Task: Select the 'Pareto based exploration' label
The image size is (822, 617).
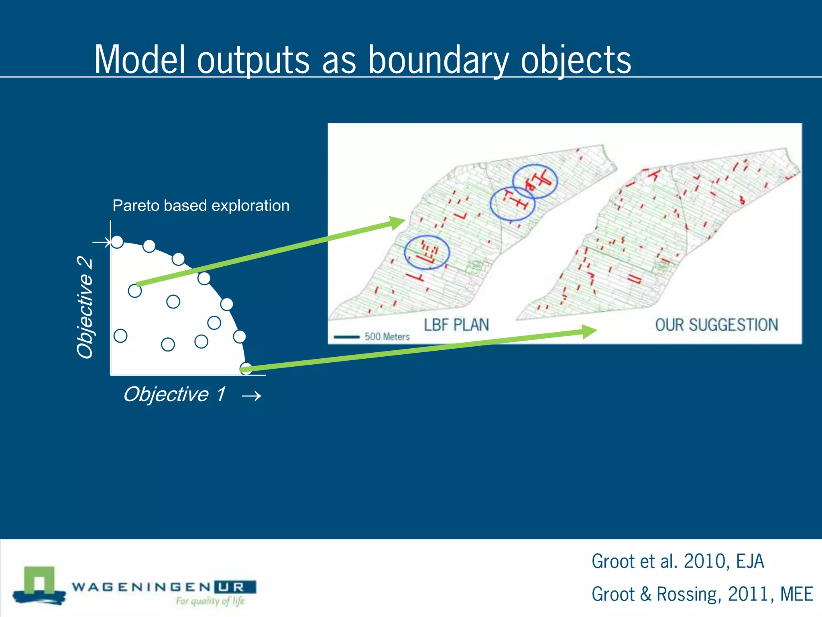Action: tap(201, 206)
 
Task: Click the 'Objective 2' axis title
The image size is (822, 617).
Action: tap(85, 307)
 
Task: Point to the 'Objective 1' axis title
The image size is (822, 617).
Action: tap(174, 394)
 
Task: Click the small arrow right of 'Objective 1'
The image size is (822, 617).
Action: tap(252, 396)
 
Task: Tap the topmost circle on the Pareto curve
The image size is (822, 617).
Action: tap(117, 242)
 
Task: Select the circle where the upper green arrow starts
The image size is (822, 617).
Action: tap(135, 290)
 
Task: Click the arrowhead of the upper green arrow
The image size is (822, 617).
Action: tap(397, 222)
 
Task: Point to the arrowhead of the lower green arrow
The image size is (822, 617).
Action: tap(589, 331)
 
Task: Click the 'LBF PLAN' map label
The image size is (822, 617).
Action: tap(456, 325)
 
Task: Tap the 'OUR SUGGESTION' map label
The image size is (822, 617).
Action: tap(716, 325)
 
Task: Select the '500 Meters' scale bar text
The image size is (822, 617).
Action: tap(387, 337)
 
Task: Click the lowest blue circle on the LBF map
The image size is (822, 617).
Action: tap(427, 252)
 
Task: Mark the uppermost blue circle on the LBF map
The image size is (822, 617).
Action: tap(535, 181)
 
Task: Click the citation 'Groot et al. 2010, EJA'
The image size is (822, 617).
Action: tap(678, 561)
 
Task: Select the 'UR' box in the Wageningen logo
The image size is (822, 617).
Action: tap(235, 587)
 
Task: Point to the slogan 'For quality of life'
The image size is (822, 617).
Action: tap(210, 601)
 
